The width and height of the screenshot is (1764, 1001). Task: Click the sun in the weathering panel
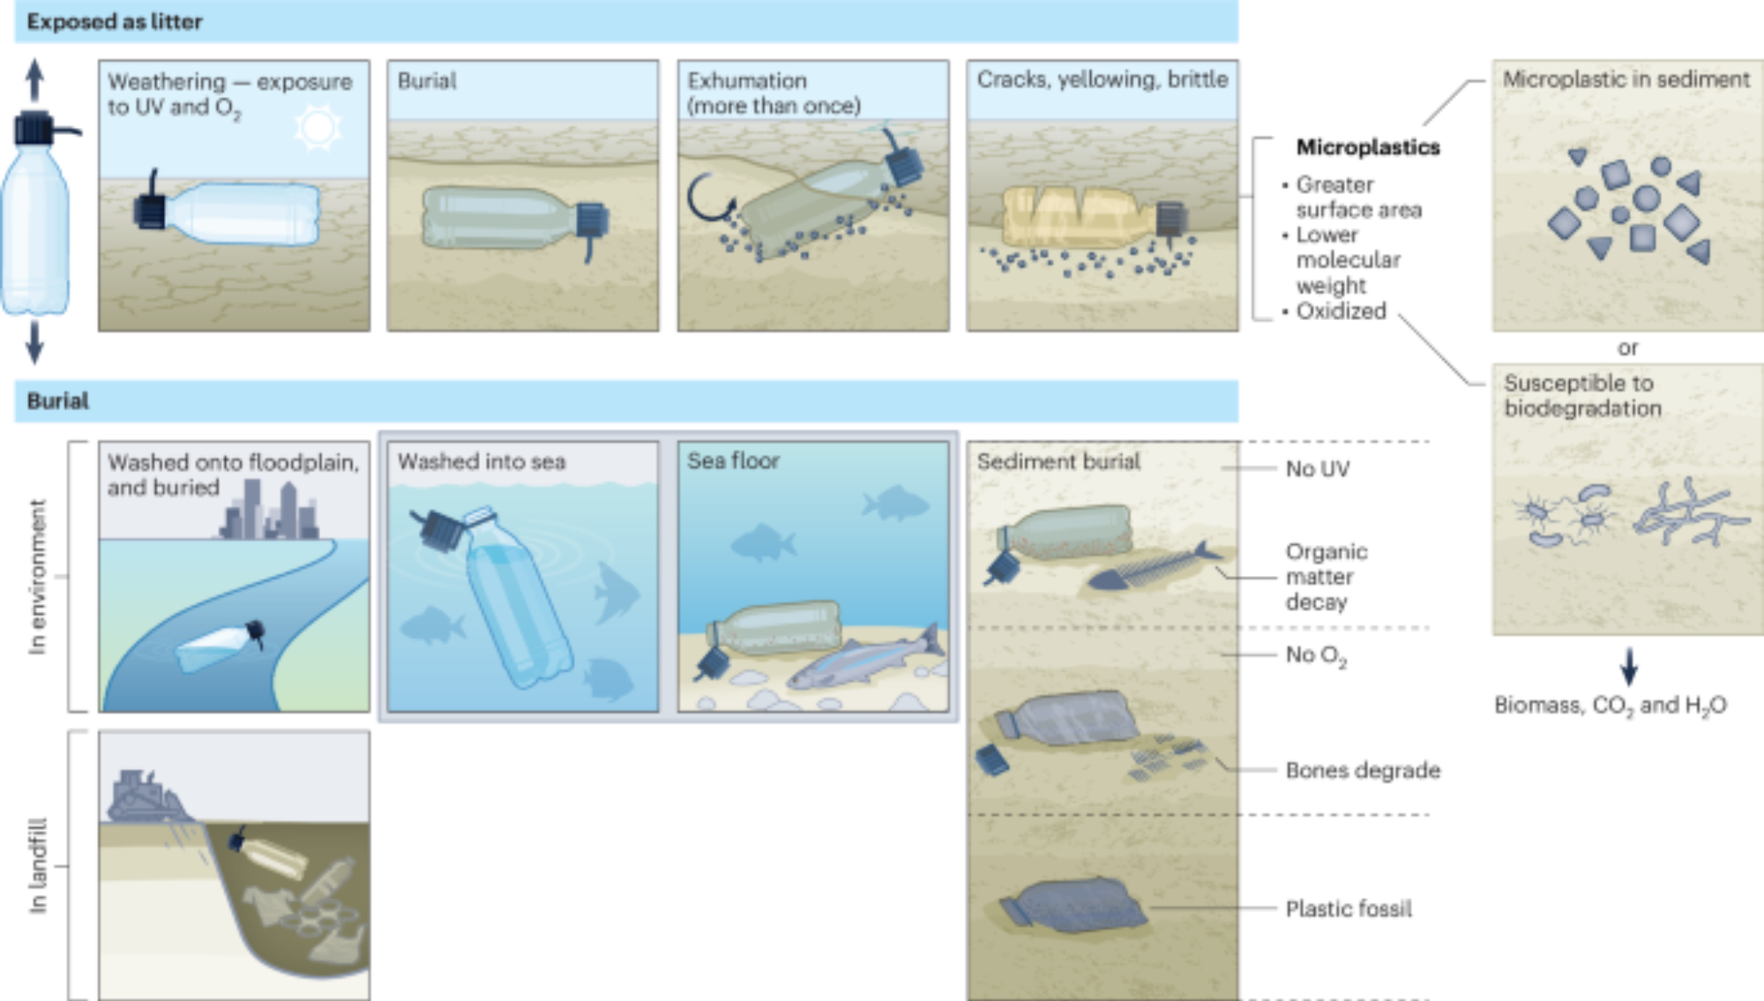(x=318, y=129)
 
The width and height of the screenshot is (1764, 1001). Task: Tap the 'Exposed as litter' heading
(x=115, y=22)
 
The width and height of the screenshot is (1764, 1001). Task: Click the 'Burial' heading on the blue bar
(x=58, y=401)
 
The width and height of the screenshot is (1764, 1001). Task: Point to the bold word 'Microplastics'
(x=1367, y=147)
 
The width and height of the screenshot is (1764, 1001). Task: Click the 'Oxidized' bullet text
(x=1341, y=311)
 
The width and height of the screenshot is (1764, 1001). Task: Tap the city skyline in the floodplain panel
(x=268, y=512)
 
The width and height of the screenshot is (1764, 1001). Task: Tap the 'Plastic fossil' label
(x=1348, y=908)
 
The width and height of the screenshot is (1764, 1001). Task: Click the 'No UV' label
(x=1317, y=469)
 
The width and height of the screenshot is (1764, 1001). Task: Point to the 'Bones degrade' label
(x=1363, y=770)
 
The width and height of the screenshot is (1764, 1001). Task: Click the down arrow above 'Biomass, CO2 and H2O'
(x=1629, y=667)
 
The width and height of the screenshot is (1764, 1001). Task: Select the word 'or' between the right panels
(x=1627, y=348)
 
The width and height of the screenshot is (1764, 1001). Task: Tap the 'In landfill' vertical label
(x=37, y=865)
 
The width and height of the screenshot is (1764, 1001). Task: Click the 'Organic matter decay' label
(x=1326, y=577)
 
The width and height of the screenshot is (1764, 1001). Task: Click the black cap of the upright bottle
(x=35, y=129)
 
